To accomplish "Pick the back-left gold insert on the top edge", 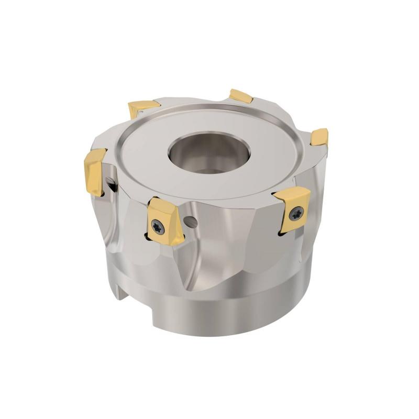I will coord(143,108).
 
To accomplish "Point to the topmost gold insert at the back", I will coord(241,96).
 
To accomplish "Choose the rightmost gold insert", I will coord(319,137).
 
